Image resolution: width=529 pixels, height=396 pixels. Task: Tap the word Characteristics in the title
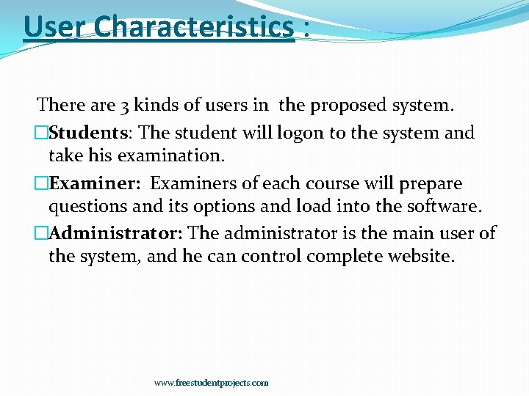pyautogui.click(x=194, y=28)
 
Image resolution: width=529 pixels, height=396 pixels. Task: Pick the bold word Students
pyautogui.click(x=89, y=133)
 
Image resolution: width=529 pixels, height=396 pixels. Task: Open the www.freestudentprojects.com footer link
pyautogui.click(x=211, y=383)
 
